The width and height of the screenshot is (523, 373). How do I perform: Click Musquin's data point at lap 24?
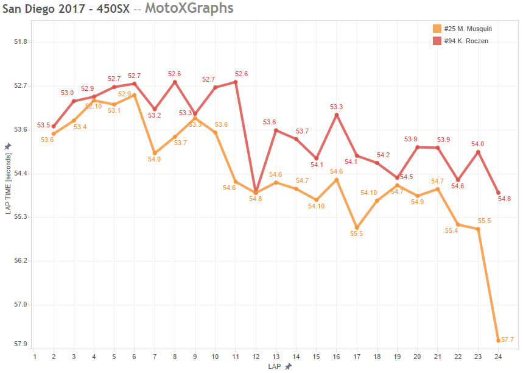coord(499,340)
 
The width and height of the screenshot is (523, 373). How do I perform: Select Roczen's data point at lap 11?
coord(235,82)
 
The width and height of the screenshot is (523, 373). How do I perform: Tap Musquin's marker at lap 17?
coord(357,227)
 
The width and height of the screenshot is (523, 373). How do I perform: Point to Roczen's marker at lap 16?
coord(337,115)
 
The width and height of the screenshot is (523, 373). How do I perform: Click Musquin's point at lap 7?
coord(155,153)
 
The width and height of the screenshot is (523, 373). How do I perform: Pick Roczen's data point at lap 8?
coord(175,82)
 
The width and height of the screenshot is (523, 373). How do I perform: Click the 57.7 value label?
coord(508,339)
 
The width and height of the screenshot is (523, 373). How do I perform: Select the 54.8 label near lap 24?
coord(504,199)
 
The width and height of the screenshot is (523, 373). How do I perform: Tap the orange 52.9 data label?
coord(124,94)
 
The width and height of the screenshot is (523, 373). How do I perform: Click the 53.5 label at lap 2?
coord(43,126)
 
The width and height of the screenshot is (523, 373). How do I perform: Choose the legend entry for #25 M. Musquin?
coord(468,29)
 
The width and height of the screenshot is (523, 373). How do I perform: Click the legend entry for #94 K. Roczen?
coord(466,41)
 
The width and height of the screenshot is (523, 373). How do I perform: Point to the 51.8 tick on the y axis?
coord(21,42)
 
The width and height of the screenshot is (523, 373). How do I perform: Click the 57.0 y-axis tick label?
coord(21,304)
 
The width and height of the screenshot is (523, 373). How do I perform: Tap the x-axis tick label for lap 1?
coord(35,357)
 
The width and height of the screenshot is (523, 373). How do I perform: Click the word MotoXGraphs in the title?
coord(189,9)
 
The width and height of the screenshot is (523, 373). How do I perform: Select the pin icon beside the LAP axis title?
coord(288,366)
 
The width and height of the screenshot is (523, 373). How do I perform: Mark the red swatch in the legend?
coord(437,41)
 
